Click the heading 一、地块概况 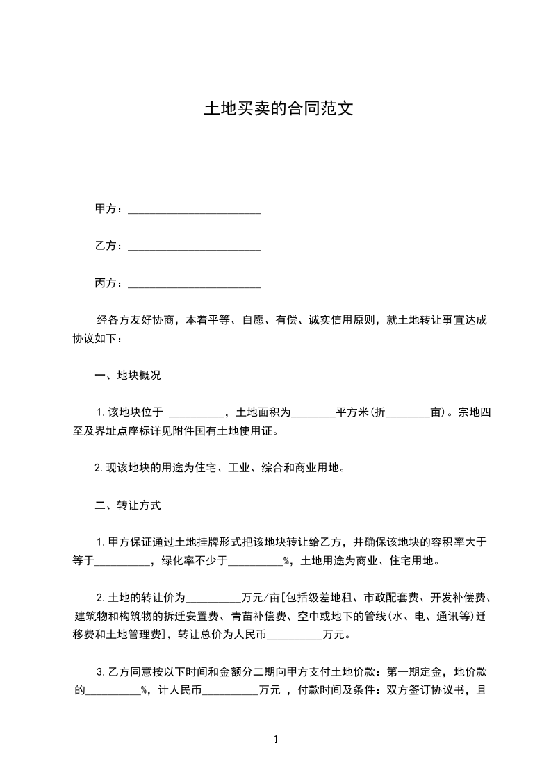128,376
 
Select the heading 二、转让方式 128,505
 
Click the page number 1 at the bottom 276,740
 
